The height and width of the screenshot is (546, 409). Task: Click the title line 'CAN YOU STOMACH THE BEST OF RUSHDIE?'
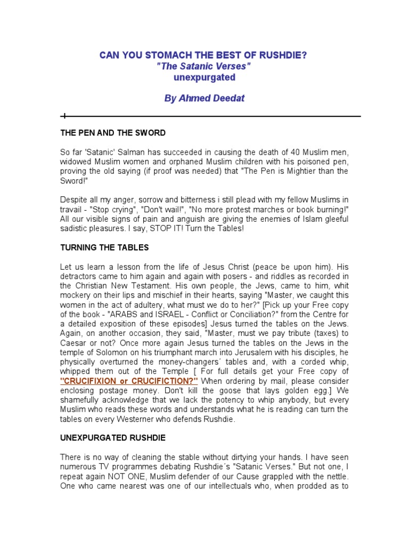[x=203, y=56]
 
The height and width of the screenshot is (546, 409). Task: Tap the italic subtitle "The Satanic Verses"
[x=203, y=67]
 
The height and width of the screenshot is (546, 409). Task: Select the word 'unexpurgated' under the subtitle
[x=204, y=77]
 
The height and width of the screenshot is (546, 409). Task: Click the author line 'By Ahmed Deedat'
[x=204, y=99]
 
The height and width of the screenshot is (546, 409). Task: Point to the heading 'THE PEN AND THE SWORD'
[x=112, y=133]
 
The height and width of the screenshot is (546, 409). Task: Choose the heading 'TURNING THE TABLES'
[x=104, y=247]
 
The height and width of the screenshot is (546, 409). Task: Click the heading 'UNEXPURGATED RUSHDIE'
[x=112, y=438]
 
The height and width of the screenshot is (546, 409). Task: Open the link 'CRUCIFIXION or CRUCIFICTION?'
[x=129, y=381]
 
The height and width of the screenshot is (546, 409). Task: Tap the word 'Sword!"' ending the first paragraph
[x=73, y=181]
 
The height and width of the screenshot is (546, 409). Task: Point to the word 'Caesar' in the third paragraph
[x=72, y=333]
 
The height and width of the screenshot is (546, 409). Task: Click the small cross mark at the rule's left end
[x=63, y=116]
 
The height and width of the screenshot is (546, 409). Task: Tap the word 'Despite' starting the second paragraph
[x=73, y=199]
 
